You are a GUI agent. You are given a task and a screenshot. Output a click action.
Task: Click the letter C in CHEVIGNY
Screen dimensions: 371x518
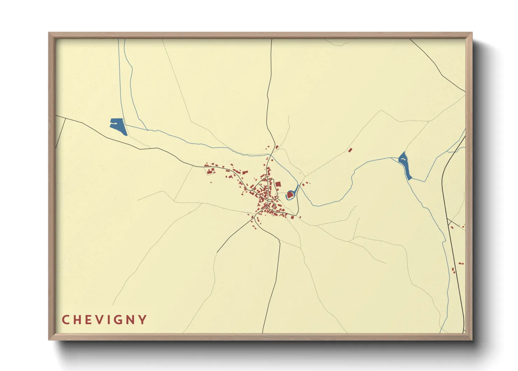pyautogui.click(x=65, y=320)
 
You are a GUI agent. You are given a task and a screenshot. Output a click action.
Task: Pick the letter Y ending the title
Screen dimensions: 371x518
pyautogui.click(x=142, y=320)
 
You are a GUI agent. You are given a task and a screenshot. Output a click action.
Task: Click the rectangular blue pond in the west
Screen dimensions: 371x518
pyautogui.click(x=118, y=126)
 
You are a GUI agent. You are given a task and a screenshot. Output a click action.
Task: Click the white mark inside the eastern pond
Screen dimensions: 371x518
pyautogui.click(x=403, y=160)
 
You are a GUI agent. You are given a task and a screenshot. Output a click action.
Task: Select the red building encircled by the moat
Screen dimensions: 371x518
pyautogui.click(x=290, y=194)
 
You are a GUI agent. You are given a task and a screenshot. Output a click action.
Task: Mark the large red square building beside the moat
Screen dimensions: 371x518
pyautogui.click(x=278, y=184)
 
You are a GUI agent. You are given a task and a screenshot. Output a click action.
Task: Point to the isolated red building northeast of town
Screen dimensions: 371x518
pyautogui.click(x=350, y=150)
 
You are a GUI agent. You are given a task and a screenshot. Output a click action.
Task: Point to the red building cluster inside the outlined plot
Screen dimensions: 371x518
pyautogui.click(x=210, y=171)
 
